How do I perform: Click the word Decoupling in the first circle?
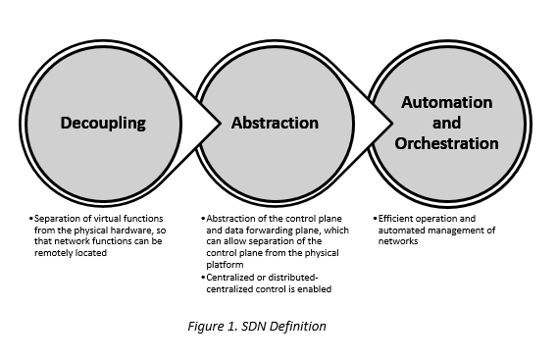point(103,124)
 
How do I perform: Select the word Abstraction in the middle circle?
point(275,124)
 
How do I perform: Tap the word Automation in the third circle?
point(446,103)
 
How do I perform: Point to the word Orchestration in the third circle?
point(446,143)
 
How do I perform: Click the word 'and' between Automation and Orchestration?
point(446,124)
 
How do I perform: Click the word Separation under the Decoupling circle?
point(55,217)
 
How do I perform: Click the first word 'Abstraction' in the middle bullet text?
point(228,217)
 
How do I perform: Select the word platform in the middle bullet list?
point(224,262)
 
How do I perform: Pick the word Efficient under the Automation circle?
point(398,217)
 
